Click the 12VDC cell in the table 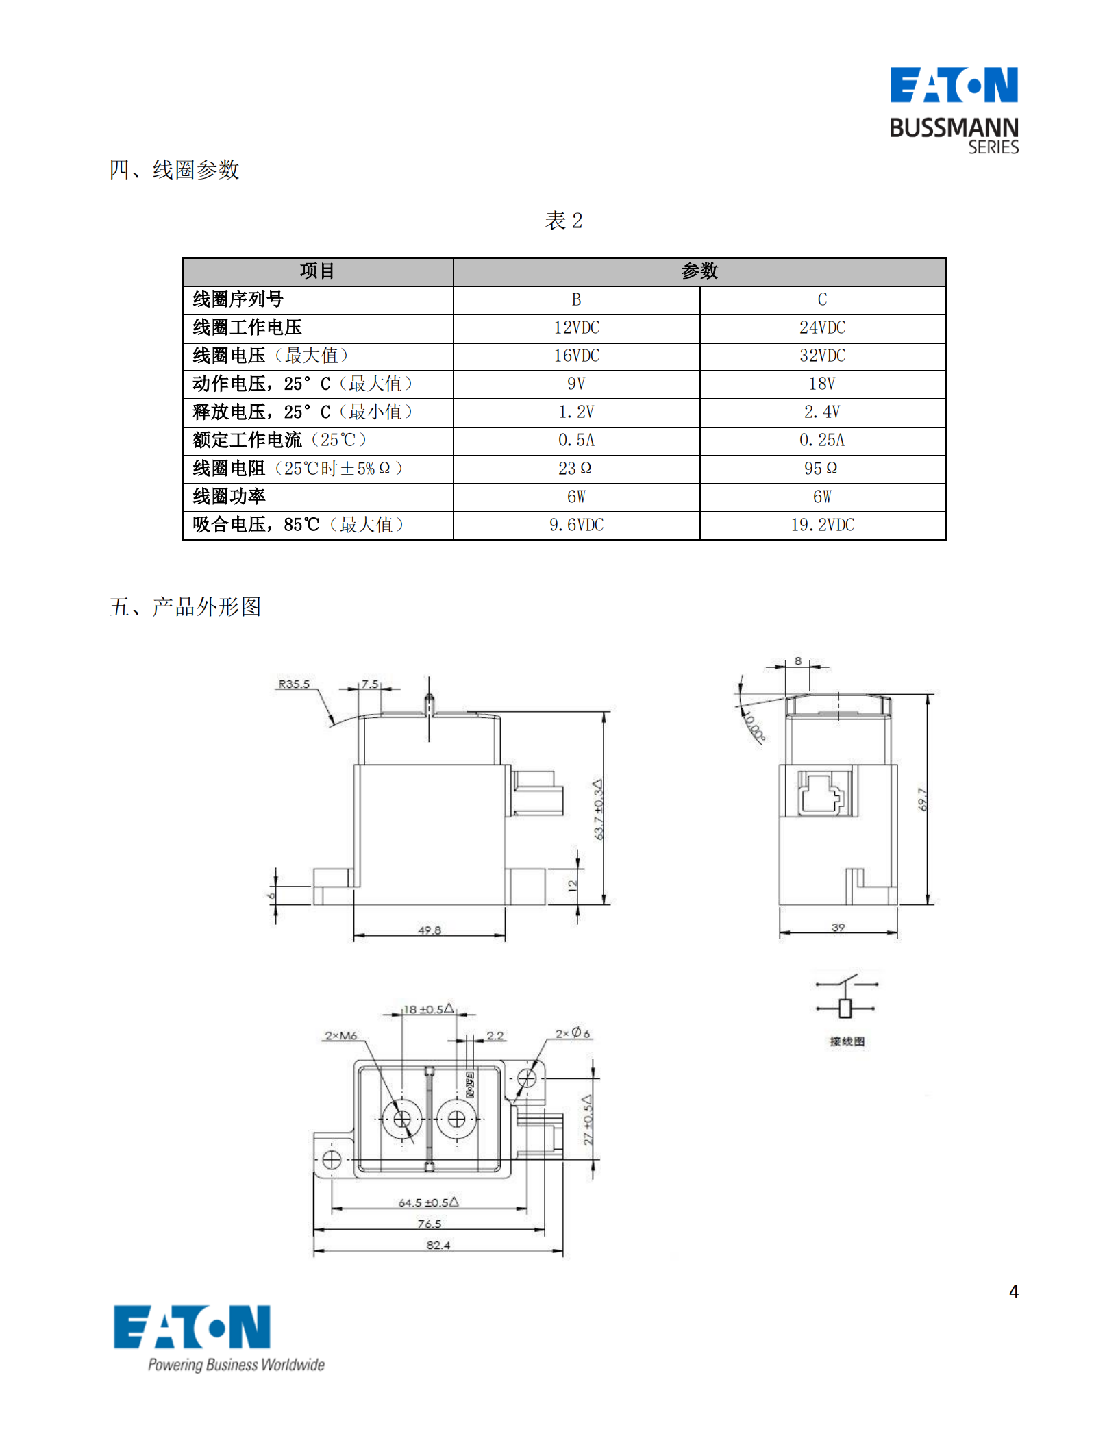click(x=576, y=327)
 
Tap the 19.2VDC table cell click(x=822, y=525)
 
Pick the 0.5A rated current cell click(x=576, y=440)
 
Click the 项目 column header click(x=317, y=271)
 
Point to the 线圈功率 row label click(x=229, y=497)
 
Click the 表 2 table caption click(x=563, y=221)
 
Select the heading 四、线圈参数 click(x=174, y=169)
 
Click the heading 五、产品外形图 click(x=185, y=606)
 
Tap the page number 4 click(x=1013, y=1291)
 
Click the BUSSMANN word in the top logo click(x=953, y=128)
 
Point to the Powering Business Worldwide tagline click(x=236, y=1364)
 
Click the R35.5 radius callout click(x=294, y=684)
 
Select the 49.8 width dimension click(x=430, y=930)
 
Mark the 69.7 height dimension click(x=922, y=800)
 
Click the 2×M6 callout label click(x=340, y=1035)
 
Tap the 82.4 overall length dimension click(x=438, y=1245)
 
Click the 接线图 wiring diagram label click(x=847, y=1041)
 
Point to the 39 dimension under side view click(x=838, y=927)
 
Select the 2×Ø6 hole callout click(x=572, y=1032)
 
